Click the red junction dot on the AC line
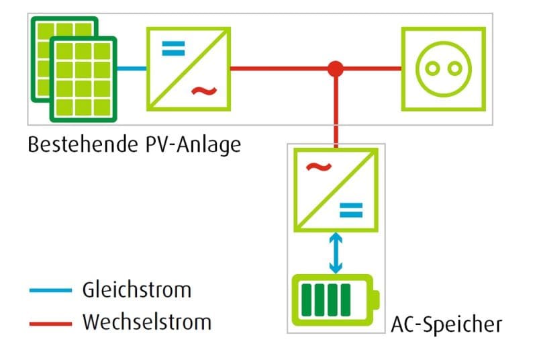pyautogui.click(x=335, y=68)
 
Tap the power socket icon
pyautogui.click(x=443, y=68)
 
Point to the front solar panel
pyautogui.click(x=83, y=79)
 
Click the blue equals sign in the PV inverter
pyautogui.click(x=174, y=48)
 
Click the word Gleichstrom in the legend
pyautogui.click(x=136, y=289)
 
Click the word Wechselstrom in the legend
pyautogui.click(x=146, y=322)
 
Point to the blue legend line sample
pyautogui.click(x=50, y=290)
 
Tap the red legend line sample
pyautogui.click(x=50, y=323)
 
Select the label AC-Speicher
pyautogui.click(x=446, y=324)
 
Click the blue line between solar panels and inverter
pyautogui.click(x=132, y=68)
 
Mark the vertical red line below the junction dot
pyautogui.click(x=335, y=111)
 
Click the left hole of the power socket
pyautogui.click(x=434, y=68)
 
